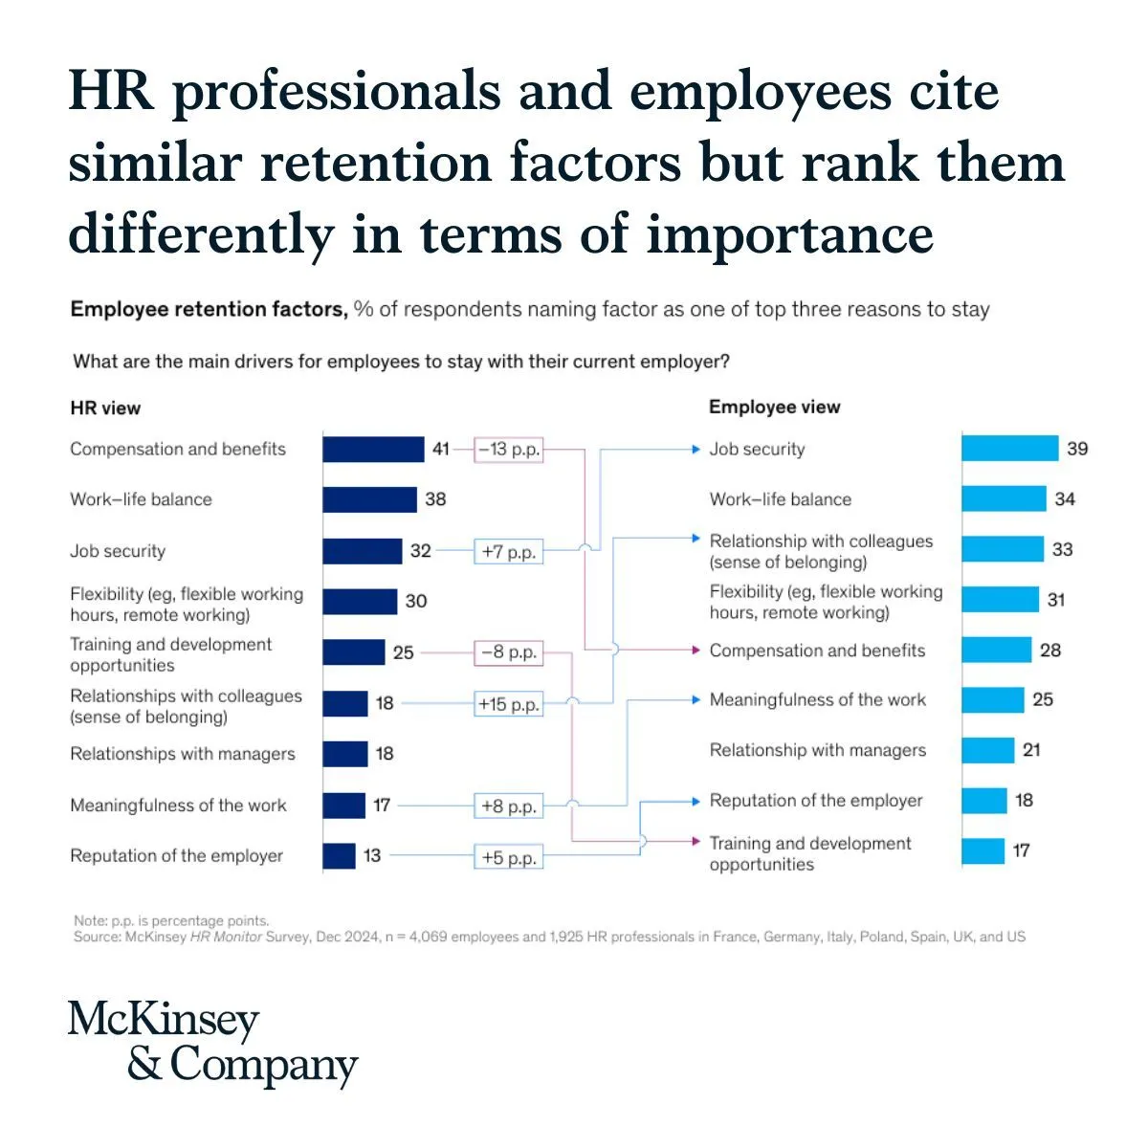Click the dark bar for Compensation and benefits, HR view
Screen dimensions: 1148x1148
pos(373,449)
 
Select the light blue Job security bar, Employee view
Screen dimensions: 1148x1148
pos(1010,449)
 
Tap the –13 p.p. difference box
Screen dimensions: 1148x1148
pos(509,449)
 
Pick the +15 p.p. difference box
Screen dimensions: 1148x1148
pos(509,704)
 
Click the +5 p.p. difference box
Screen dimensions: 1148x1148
pos(509,857)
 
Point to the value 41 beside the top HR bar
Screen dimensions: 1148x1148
pos(440,449)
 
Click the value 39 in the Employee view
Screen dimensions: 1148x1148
pos(1077,449)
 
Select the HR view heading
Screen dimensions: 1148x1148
pos(105,408)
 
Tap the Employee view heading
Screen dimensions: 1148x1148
pos(774,407)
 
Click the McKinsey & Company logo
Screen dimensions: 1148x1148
pos(212,1043)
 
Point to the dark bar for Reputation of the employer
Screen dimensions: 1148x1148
pos(339,855)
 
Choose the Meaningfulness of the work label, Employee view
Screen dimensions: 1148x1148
pos(818,699)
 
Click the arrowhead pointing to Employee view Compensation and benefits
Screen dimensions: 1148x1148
pos(696,651)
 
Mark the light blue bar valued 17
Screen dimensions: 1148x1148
pos(982,850)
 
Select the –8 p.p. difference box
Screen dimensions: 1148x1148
pos(509,652)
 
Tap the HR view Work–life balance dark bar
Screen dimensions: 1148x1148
pos(369,499)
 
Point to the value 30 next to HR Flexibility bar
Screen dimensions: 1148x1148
pos(416,601)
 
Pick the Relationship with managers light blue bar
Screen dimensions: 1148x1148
pos(988,750)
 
